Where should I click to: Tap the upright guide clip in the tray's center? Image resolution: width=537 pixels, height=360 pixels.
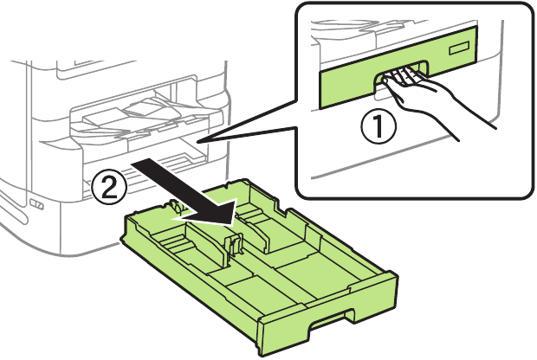point(231,245)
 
